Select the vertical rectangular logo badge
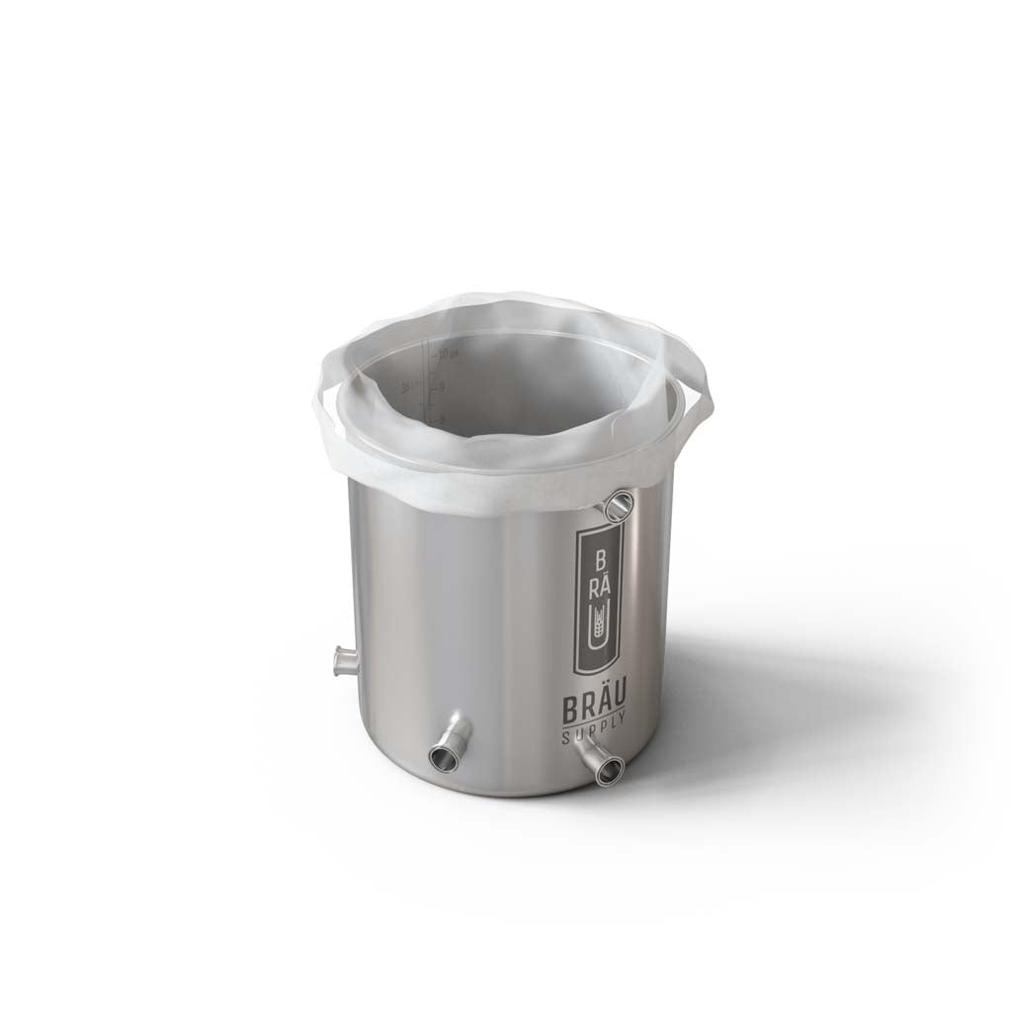tap(599, 599)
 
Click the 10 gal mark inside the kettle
tap(444, 353)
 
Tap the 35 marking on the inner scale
tap(405, 386)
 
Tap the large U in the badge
tap(598, 628)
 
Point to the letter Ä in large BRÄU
tap(604, 709)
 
